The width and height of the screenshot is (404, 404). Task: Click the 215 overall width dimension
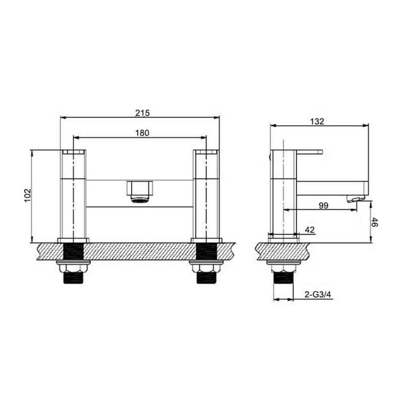coord(142,113)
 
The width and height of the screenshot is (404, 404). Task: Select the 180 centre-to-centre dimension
coord(142,133)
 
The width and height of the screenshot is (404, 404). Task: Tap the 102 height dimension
coord(28,195)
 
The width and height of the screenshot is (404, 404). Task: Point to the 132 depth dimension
coord(317,122)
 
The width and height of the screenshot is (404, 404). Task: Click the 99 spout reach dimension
coord(324,206)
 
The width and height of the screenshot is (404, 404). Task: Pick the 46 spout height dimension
coord(375,222)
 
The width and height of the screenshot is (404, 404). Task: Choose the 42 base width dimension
coord(310,230)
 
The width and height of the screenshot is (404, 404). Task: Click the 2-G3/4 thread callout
coord(318,294)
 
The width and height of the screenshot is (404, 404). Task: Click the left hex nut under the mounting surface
coord(73,268)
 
